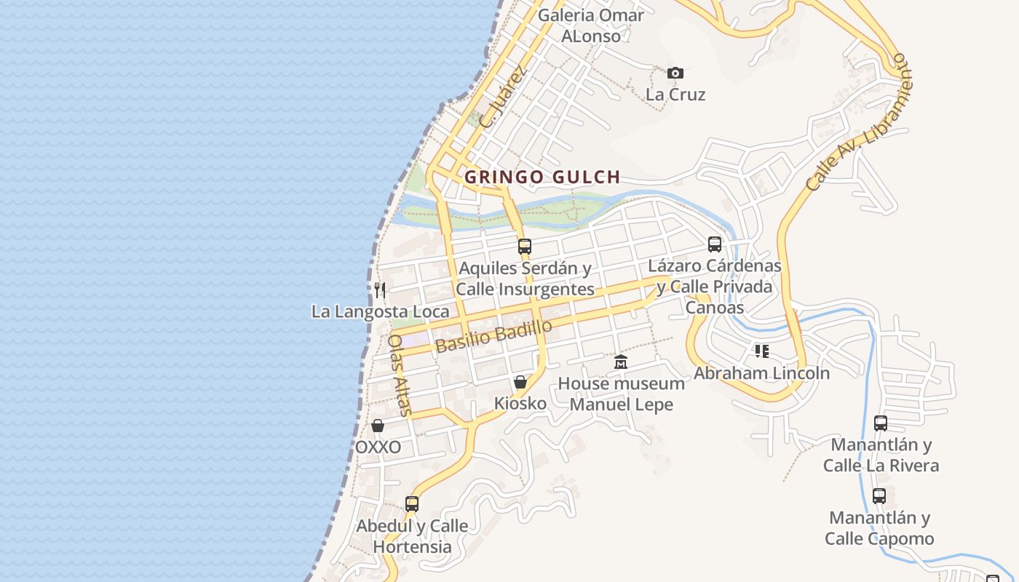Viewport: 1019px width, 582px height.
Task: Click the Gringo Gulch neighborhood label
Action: point(542,177)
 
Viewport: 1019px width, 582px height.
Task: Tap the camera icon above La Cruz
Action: point(675,73)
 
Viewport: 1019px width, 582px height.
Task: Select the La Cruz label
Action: point(675,95)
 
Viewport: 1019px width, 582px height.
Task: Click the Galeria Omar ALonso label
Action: point(590,25)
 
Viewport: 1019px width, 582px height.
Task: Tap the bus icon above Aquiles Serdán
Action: point(525,247)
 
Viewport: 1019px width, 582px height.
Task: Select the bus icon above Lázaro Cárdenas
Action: point(715,244)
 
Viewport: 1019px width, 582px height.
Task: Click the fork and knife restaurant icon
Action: point(380,290)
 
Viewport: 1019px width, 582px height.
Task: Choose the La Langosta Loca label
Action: point(381,311)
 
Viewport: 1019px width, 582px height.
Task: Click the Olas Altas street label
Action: point(400,375)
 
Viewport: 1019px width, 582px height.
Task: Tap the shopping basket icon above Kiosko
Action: point(520,382)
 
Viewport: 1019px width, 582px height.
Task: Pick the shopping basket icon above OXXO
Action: point(378,426)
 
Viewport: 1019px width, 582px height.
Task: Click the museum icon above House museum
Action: point(621,362)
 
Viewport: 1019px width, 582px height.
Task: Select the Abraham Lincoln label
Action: point(761,373)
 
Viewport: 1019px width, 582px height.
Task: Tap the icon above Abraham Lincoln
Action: point(761,352)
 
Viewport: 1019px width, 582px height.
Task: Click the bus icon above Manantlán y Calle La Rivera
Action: point(881,423)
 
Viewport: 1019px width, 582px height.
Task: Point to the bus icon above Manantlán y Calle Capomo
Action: point(879,496)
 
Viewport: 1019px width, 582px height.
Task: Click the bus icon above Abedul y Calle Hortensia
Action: point(412,503)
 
